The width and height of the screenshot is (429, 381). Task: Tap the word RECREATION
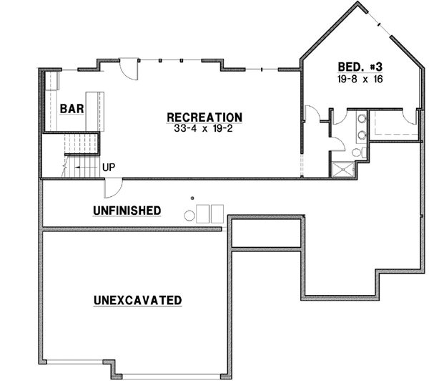coord(204,117)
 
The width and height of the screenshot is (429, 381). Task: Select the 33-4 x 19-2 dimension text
coord(204,130)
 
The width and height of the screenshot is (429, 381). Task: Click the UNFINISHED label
coord(127,210)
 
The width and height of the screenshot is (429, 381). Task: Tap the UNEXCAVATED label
coord(137,300)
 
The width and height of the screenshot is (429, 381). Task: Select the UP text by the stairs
coord(109,168)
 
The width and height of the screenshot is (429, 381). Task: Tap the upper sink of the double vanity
coord(363,119)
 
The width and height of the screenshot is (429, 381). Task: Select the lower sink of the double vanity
coord(363,133)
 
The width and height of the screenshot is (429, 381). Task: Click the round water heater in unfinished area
coord(191,213)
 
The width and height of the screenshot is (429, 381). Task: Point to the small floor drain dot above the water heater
coord(192,198)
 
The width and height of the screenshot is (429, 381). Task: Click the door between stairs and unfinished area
coord(113,188)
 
